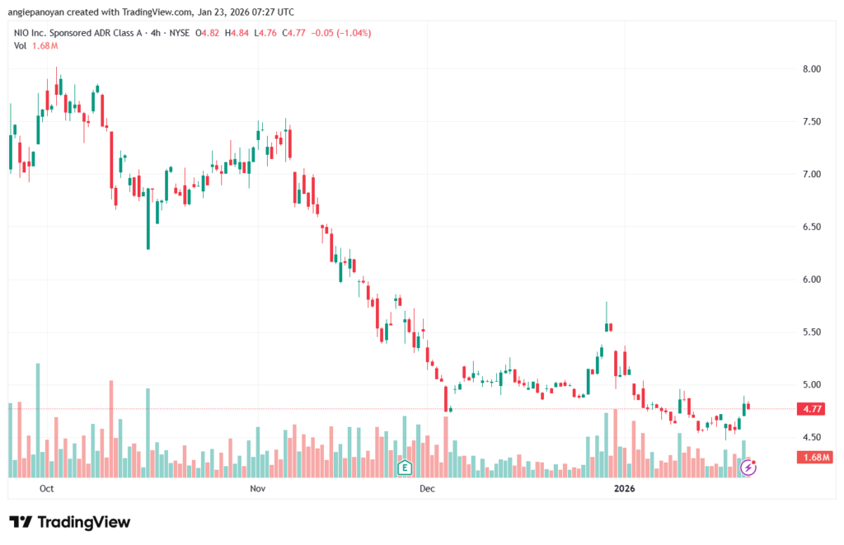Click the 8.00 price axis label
click(811, 68)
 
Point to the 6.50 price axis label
click(811, 227)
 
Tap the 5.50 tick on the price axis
click(811, 331)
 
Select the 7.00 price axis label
click(811, 174)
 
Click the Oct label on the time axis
click(47, 488)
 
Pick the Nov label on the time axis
click(257, 488)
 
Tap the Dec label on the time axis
click(426, 488)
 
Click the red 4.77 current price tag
click(811, 408)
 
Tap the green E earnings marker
click(405, 467)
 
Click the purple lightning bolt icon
click(748, 467)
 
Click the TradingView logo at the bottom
click(69, 522)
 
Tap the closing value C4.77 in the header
click(295, 33)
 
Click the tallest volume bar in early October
click(38, 420)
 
